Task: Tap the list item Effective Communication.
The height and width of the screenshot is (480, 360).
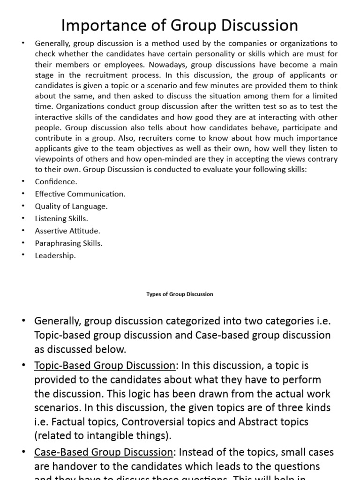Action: click(x=80, y=194)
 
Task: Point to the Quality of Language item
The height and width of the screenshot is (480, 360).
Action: click(x=71, y=206)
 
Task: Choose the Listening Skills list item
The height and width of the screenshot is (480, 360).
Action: click(x=61, y=218)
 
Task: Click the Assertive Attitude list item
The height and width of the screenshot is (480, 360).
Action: click(x=67, y=231)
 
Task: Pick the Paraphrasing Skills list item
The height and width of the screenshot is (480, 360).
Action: click(x=68, y=243)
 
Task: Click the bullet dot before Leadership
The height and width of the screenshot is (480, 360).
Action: click(x=23, y=255)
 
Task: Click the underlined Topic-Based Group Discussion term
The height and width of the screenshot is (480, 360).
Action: click(x=104, y=366)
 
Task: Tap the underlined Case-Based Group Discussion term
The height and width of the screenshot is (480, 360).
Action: click(x=104, y=453)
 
